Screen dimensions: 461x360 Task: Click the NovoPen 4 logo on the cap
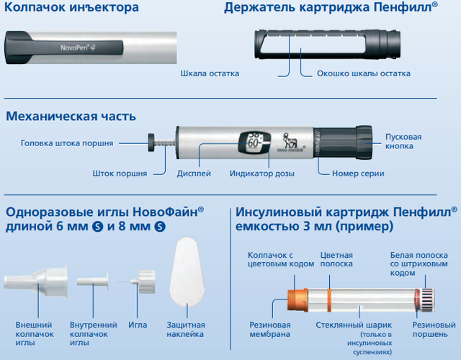[78, 48]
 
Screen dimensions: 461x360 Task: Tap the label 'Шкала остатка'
[210, 73]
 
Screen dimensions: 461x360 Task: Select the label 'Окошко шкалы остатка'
[363, 73]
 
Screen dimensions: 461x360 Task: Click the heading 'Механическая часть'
[71, 116]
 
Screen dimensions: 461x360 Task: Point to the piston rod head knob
[151, 143]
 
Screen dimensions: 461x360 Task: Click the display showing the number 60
[254, 143]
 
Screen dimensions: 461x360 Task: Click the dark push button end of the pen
[364, 143]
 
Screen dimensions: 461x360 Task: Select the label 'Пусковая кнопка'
[403, 141]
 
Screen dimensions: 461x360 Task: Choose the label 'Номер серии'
[358, 174]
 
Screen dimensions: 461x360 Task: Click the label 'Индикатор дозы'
[262, 174]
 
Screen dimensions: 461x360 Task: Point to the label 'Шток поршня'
[120, 174]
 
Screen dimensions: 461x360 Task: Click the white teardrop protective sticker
[187, 272]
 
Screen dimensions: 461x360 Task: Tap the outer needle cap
[36, 282]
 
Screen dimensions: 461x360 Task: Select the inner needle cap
[93, 282]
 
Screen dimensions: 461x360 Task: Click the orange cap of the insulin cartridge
[297, 300]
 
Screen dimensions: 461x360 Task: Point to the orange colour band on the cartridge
[329, 300]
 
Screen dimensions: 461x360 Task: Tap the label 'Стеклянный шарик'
[354, 325]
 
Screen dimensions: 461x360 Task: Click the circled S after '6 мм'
[98, 227]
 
